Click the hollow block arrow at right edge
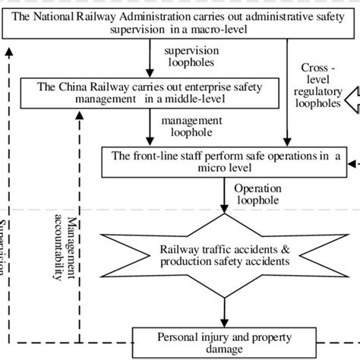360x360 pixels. [348, 99]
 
